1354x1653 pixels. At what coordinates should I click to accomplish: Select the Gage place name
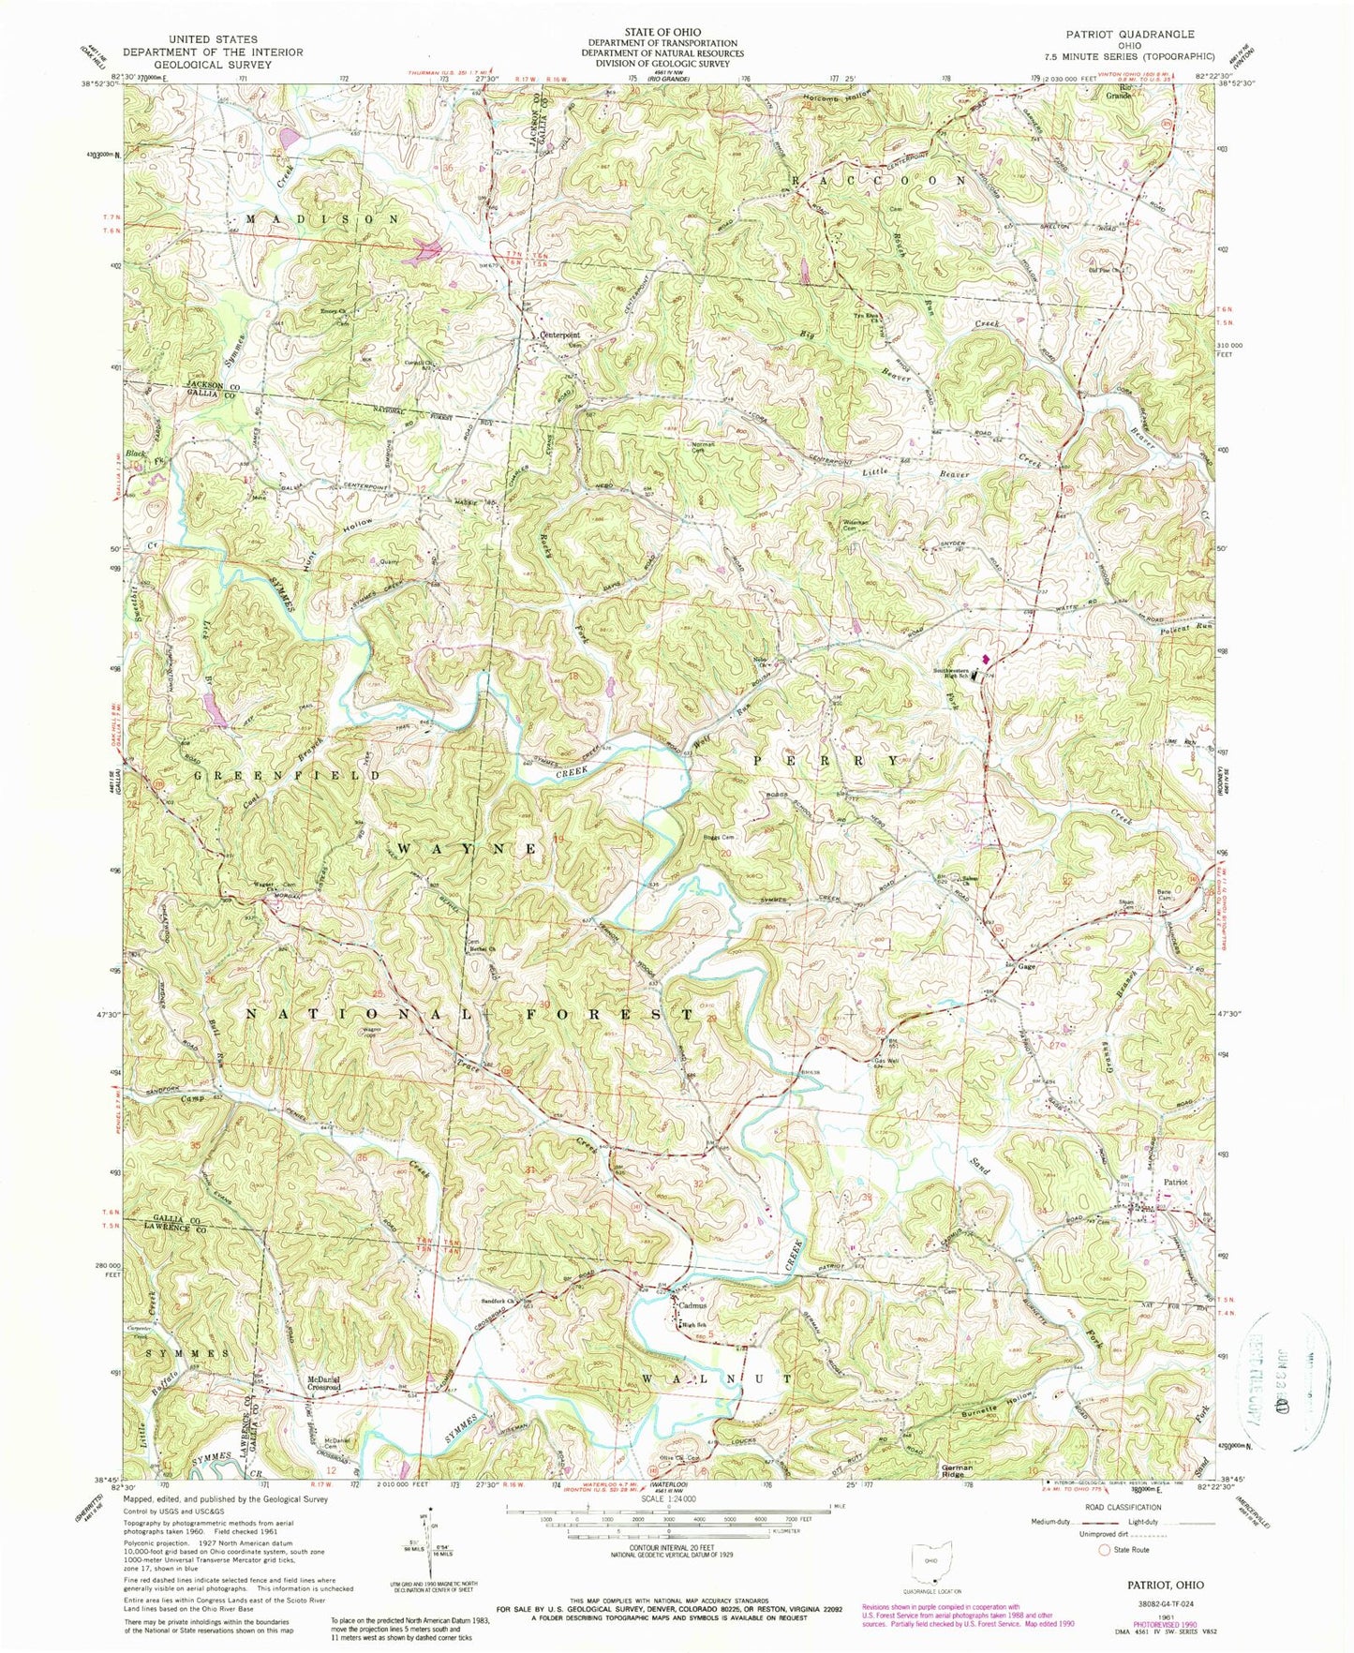1026,967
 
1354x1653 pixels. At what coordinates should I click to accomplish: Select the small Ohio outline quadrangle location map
930,1559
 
